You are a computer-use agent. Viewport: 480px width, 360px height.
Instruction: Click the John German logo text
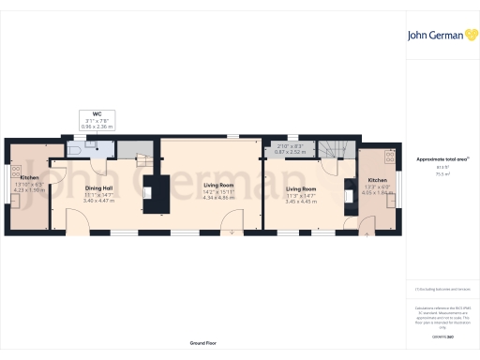coord(432,37)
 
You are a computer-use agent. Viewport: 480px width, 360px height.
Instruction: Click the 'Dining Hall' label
coord(99,188)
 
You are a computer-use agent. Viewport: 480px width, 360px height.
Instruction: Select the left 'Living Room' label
coord(223,186)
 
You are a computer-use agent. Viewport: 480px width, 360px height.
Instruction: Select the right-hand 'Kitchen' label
coord(377,180)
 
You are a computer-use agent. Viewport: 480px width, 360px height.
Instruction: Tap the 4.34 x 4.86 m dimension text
coord(223,198)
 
